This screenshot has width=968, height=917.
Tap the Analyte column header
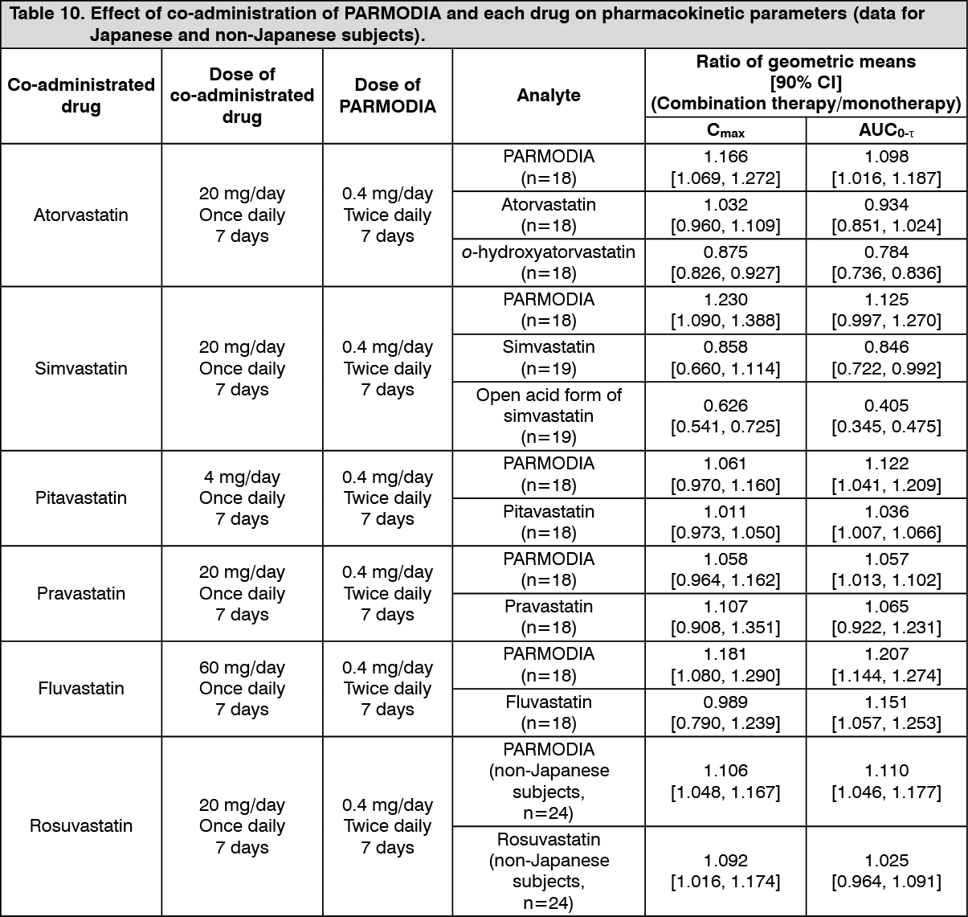coord(549,96)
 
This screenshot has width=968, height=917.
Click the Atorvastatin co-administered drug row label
coord(81,215)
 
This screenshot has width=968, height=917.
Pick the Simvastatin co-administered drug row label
coord(81,368)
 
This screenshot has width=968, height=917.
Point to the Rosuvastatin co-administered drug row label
coord(81,825)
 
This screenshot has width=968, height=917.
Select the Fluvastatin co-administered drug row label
coord(81,688)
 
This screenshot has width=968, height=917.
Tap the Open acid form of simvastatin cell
coord(549,416)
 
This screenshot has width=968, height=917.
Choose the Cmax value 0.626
coord(725,405)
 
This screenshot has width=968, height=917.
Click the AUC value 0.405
coord(886,405)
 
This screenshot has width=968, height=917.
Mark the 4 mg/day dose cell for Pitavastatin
coord(242,477)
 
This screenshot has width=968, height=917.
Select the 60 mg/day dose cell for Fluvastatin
coord(242,667)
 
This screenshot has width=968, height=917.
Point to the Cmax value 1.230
coord(725,299)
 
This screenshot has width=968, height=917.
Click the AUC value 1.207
coord(886,653)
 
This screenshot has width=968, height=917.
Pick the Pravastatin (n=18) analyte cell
coord(549,616)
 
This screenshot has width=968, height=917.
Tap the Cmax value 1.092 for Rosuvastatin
coord(725,860)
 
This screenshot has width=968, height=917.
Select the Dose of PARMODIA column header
coord(387,96)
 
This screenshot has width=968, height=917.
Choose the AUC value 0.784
coord(886,252)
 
